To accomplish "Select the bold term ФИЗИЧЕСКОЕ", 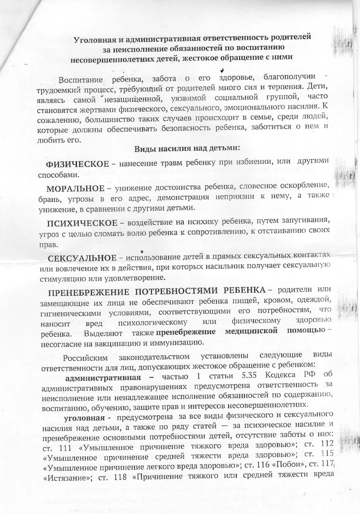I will [x=77, y=164].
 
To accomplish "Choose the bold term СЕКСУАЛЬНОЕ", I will [x=82, y=258].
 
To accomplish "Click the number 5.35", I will [x=250, y=376].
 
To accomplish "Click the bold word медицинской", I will [x=251, y=331].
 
